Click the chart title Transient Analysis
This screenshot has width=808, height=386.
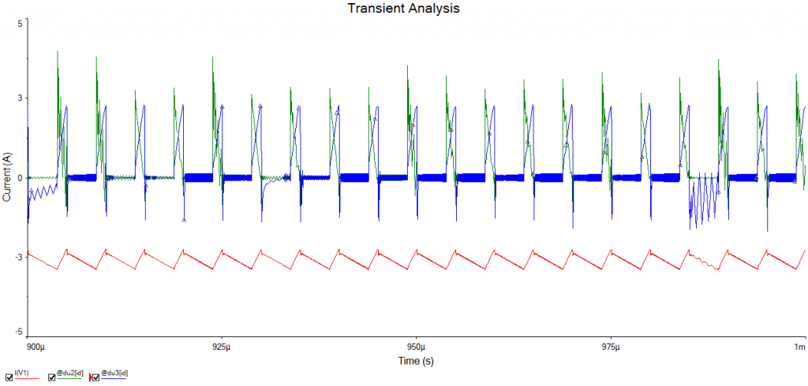[x=403, y=9]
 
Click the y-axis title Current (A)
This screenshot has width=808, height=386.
[x=7, y=178]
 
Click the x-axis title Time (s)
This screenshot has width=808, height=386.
[x=416, y=361]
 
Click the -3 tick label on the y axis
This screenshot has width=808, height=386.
[x=18, y=256]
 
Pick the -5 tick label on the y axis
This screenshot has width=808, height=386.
[x=18, y=333]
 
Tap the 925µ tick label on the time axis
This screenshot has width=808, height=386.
[x=222, y=347]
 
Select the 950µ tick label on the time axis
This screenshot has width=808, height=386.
[x=416, y=347]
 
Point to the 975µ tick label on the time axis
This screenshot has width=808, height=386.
[x=610, y=347]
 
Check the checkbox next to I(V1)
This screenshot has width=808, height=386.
[x=8, y=377]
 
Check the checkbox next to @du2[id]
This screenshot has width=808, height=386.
[x=52, y=377]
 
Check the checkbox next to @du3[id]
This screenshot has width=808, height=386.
[x=96, y=377]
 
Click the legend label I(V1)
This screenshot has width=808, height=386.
[x=22, y=372]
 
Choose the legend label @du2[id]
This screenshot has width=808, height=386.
[x=71, y=372]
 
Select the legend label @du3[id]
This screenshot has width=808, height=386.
[x=115, y=372]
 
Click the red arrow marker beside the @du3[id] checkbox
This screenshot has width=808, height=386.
[x=90, y=377]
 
